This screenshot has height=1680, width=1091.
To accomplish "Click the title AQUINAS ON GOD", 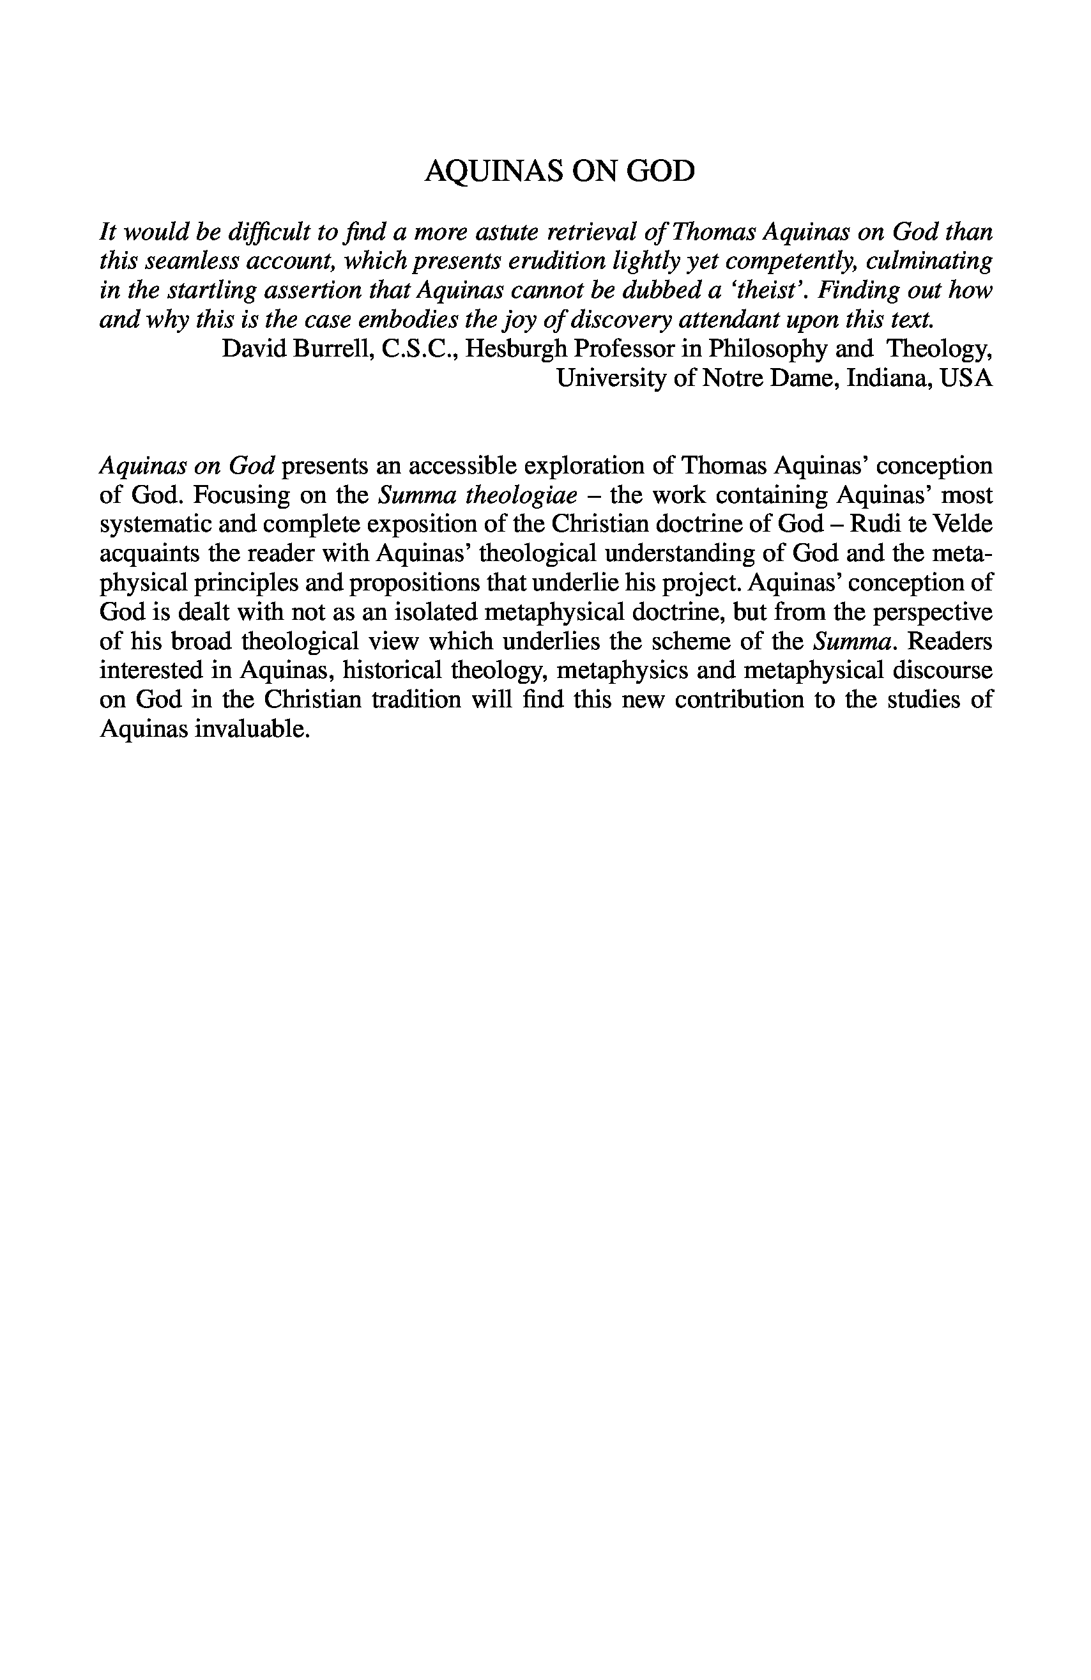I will pos(559,171).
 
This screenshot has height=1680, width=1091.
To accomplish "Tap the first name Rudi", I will pos(860,525).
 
